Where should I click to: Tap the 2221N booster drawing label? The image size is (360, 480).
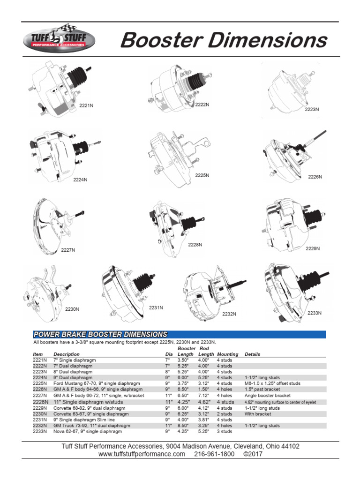tap(86, 106)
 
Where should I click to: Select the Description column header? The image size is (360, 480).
tap(67, 354)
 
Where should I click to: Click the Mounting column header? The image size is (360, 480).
tap(227, 354)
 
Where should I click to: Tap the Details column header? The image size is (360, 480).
tap(252, 354)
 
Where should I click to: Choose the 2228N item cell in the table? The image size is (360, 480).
tap(40, 402)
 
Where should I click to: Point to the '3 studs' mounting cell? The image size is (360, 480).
tap(225, 432)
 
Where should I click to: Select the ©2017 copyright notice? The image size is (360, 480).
tap(253, 454)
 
